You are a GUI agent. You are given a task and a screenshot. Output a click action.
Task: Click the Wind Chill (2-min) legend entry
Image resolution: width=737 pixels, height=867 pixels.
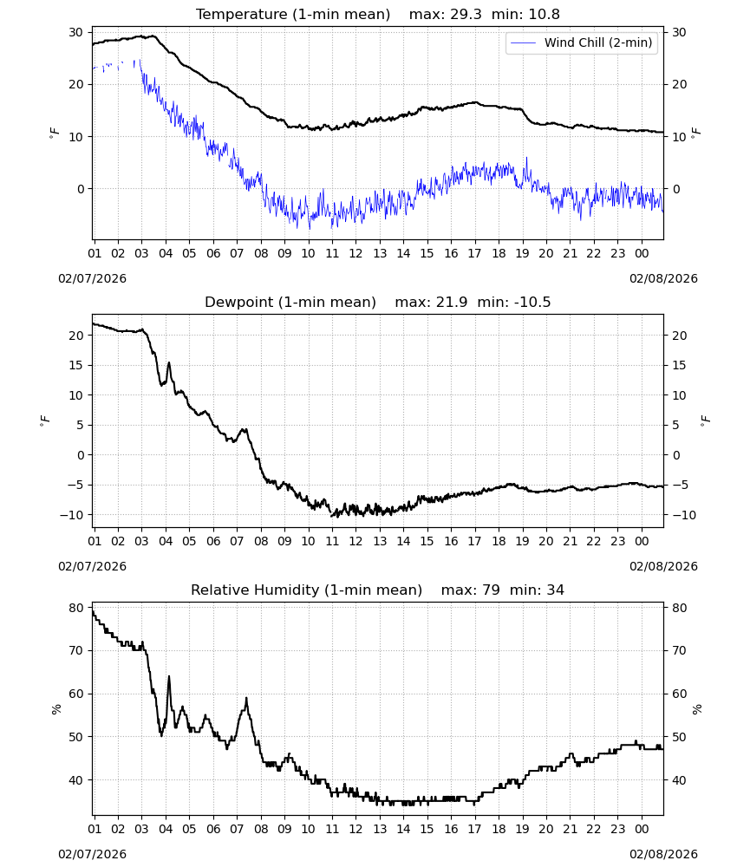pyautogui.click(x=582, y=42)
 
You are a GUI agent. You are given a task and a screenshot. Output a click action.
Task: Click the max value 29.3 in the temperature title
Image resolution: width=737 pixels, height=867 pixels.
pyautogui.click(x=466, y=15)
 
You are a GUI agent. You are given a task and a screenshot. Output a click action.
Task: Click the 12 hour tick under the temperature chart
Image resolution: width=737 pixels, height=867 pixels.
pyautogui.click(x=355, y=253)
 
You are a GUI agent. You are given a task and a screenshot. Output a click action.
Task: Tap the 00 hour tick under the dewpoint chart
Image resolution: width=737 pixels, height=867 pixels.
pyautogui.click(x=642, y=541)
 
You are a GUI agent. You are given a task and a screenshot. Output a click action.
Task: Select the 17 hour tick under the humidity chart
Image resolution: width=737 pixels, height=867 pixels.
pyautogui.click(x=474, y=829)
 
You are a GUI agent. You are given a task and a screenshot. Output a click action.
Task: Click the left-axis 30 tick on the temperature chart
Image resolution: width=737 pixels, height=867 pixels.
pyautogui.click(x=75, y=33)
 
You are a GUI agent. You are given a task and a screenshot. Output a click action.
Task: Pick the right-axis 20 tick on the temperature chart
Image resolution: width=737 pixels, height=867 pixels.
pyautogui.click(x=680, y=85)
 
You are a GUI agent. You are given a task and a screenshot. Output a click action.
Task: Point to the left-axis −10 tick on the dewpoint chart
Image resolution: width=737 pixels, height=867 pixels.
pyautogui.click(x=71, y=515)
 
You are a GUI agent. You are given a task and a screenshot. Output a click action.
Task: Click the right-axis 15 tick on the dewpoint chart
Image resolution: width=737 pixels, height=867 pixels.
pyautogui.click(x=679, y=366)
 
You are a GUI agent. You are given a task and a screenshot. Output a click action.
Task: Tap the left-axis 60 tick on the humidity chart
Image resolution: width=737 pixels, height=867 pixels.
pyautogui.click(x=75, y=694)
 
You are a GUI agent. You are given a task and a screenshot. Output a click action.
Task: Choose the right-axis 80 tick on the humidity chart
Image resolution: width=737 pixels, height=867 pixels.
pyautogui.click(x=680, y=608)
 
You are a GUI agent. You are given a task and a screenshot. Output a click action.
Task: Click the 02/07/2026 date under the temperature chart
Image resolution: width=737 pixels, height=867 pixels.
pyautogui.click(x=92, y=278)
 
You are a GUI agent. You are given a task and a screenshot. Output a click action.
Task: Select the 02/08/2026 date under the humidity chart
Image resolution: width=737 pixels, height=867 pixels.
pyautogui.click(x=663, y=854)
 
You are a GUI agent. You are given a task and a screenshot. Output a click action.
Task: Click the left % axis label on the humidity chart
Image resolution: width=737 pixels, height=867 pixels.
pyautogui.click(x=55, y=709)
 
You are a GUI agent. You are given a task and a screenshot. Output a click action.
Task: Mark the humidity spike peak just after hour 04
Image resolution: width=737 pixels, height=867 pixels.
pyautogui.click(x=168, y=676)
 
